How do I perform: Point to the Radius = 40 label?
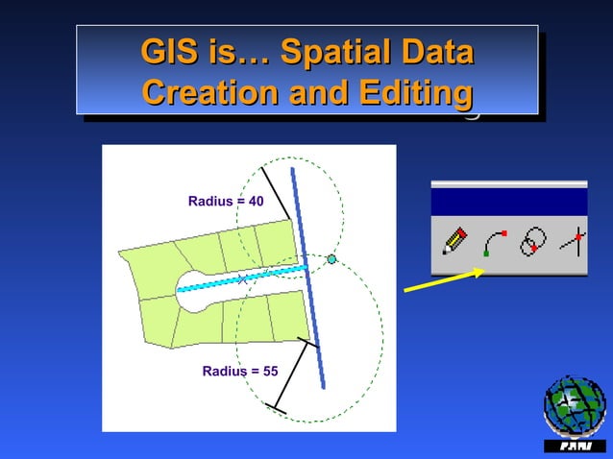point(226,201)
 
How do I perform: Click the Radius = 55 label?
point(240,370)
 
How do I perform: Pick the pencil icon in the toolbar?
point(454,240)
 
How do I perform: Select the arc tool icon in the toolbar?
point(494,241)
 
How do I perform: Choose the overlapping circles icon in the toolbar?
point(533,240)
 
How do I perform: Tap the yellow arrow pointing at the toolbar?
point(443,279)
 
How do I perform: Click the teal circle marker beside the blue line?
point(331,259)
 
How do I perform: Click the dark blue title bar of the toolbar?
point(508,202)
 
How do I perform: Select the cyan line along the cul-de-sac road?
point(245,278)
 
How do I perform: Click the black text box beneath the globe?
point(575,447)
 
